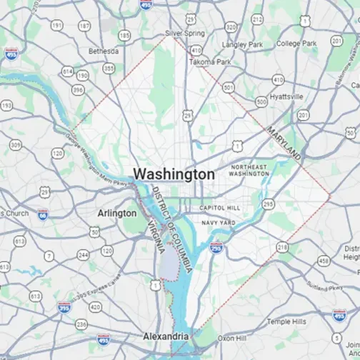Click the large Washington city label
[174, 174]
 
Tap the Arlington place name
[116, 213]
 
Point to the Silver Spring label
[184, 33]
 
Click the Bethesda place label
[102, 51]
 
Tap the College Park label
[296, 44]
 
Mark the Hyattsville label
[286, 96]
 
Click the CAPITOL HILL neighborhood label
[220, 208]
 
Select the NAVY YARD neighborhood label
[218, 223]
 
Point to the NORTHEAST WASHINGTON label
[249, 170]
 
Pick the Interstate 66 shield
[43, 214]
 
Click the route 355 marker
[109, 69]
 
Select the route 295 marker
[268, 204]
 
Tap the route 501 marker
[228, 87]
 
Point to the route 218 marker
[282, 247]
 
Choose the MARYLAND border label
[284, 143]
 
